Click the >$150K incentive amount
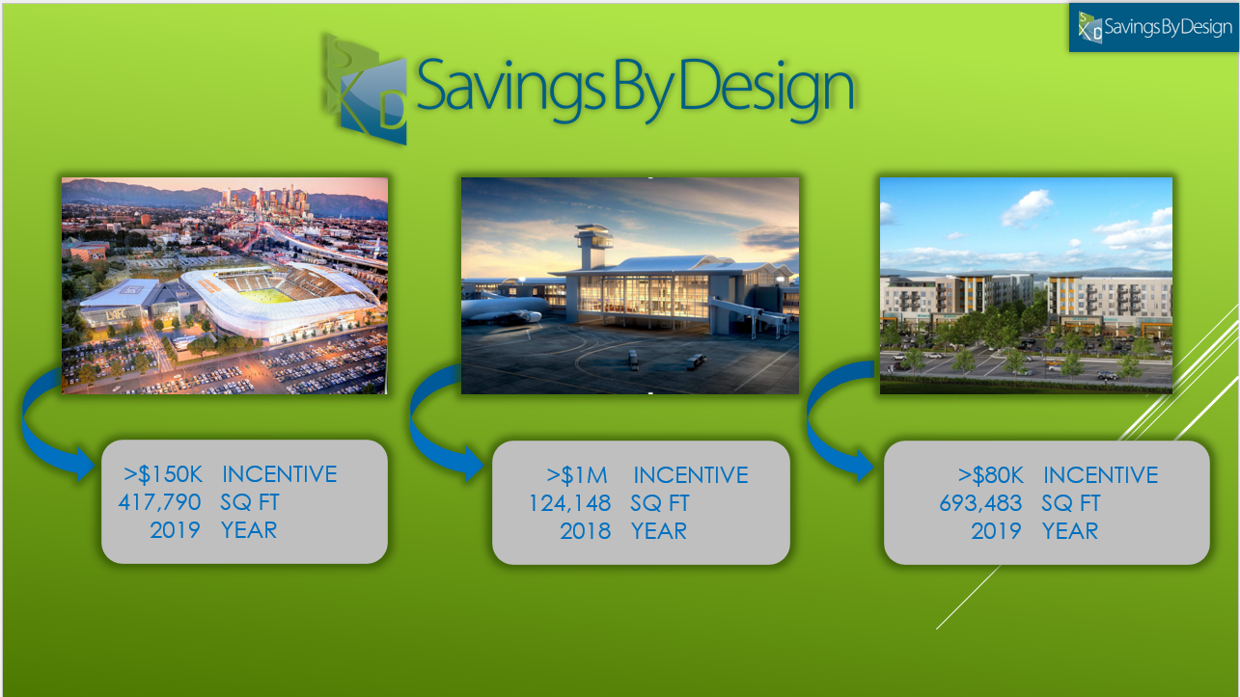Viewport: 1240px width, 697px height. (163, 474)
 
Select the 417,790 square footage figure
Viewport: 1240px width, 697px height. (159, 502)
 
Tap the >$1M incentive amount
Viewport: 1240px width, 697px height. (576, 475)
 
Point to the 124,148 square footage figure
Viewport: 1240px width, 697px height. (569, 503)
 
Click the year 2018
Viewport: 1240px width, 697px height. (585, 531)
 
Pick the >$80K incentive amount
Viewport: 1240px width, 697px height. (991, 475)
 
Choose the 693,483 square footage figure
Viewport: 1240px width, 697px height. (980, 503)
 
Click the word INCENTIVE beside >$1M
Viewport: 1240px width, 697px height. (691, 475)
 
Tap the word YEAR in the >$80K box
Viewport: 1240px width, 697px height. (1069, 531)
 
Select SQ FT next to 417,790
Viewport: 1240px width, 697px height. (250, 502)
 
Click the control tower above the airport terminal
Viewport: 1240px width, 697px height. (593, 246)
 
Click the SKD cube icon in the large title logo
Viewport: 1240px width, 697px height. (367, 90)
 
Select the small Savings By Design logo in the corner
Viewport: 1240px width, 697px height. (1154, 27)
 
